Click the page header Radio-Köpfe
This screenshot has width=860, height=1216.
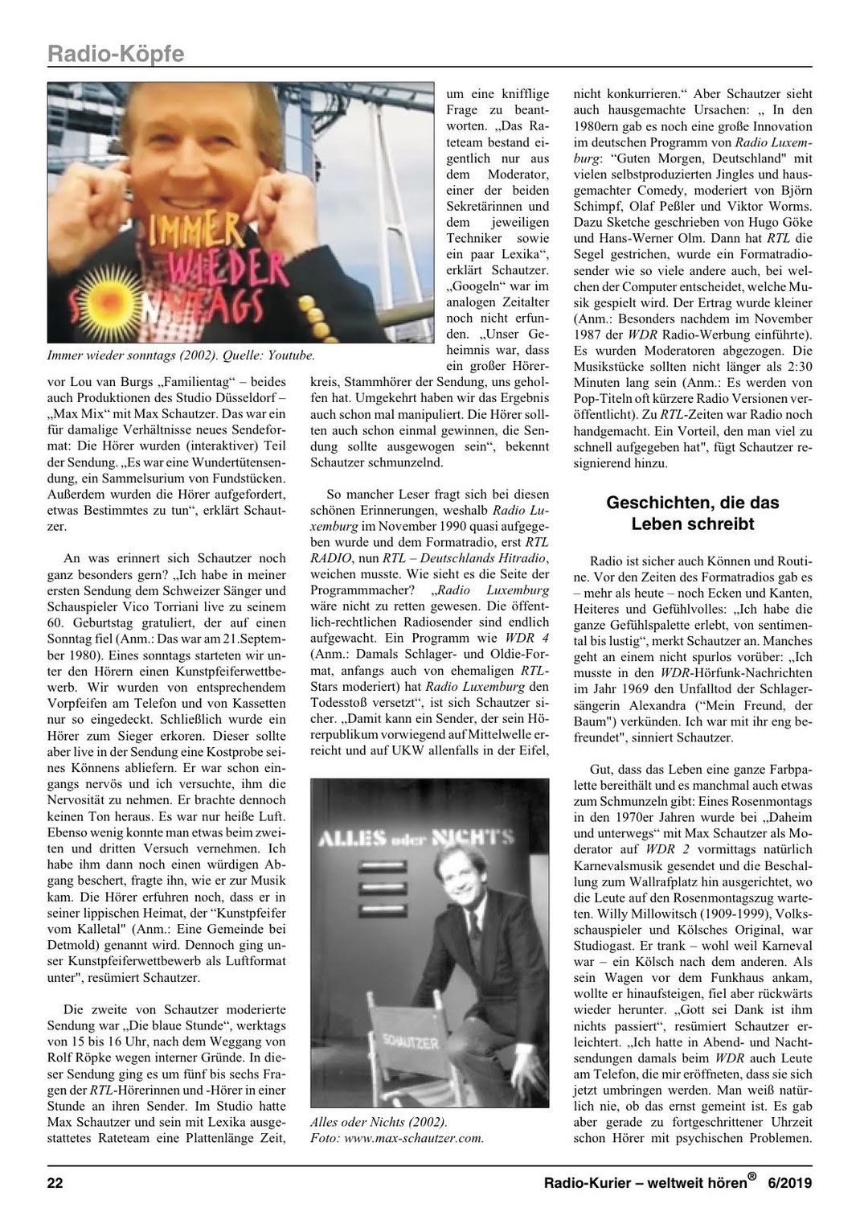click(x=116, y=53)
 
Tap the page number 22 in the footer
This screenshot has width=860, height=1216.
click(x=55, y=1183)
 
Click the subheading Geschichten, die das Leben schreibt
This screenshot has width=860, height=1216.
click(x=692, y=513)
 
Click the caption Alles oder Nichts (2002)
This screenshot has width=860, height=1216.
click(x=379, y=1122)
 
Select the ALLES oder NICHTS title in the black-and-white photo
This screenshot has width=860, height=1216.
click(x=415, y=838)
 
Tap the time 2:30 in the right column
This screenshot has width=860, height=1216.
click(x=797, y=367)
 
